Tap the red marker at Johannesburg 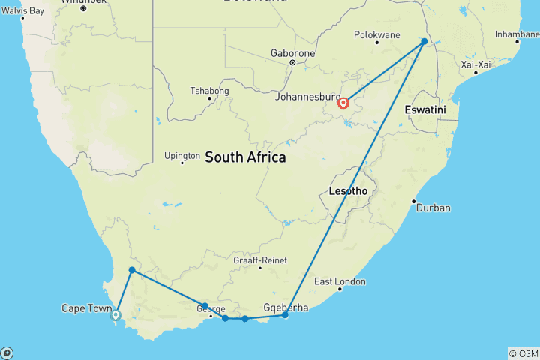[343, 103]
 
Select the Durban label [433, 208]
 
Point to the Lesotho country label [348, 191]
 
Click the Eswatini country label [425, 109]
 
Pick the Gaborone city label [293, 54]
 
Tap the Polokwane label [376, 35]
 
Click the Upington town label [182, 156]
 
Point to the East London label [340, 281]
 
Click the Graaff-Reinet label [257, 261]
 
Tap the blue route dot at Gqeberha [285, 315]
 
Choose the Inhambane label [517, 34]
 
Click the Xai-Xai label [475, 65]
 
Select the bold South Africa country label [245, 157]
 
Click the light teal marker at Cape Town [115, 315]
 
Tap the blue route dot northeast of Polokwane [424, 41]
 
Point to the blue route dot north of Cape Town [132, 270]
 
